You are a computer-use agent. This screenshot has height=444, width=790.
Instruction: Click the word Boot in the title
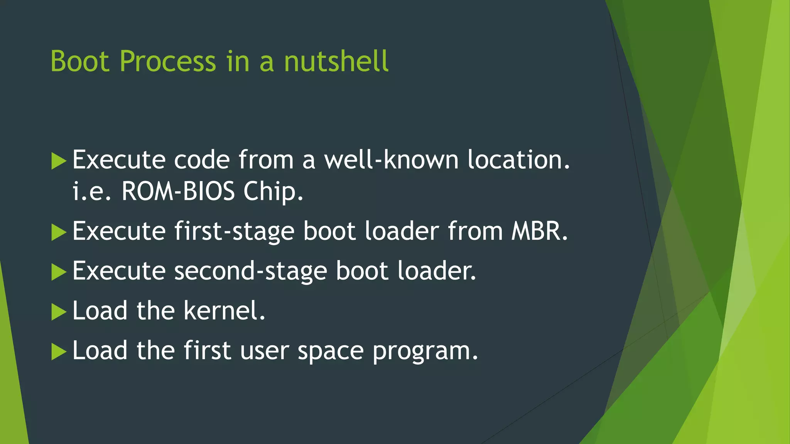pos(80,61)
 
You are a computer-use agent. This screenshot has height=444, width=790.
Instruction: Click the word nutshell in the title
pos(336,61)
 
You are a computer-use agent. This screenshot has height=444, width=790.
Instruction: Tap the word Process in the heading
pos(168,61)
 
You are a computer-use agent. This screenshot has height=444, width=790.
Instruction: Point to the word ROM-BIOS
pos(178,191)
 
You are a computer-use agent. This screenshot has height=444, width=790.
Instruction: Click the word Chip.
pos(273,192)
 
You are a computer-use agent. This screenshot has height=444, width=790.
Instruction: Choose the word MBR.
pos(540,231)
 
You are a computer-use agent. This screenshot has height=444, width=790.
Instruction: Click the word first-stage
pos(234,231)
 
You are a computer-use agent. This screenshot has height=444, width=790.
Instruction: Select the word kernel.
pos(224,311)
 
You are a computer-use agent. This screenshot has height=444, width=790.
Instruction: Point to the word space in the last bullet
pos(331,351)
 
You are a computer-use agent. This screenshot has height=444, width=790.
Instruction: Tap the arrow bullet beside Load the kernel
pos(59,312)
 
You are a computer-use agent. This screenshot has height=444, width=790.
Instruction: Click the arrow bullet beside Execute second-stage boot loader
pos(59,272)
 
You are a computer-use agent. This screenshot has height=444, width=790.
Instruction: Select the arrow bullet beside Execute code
pos(59,161)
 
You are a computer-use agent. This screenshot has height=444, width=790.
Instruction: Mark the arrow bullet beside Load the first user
pos(59,351)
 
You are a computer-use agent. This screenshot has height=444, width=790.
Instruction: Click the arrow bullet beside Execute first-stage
pos(59,232)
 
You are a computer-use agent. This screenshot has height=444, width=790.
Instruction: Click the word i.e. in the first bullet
pos(91,191)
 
